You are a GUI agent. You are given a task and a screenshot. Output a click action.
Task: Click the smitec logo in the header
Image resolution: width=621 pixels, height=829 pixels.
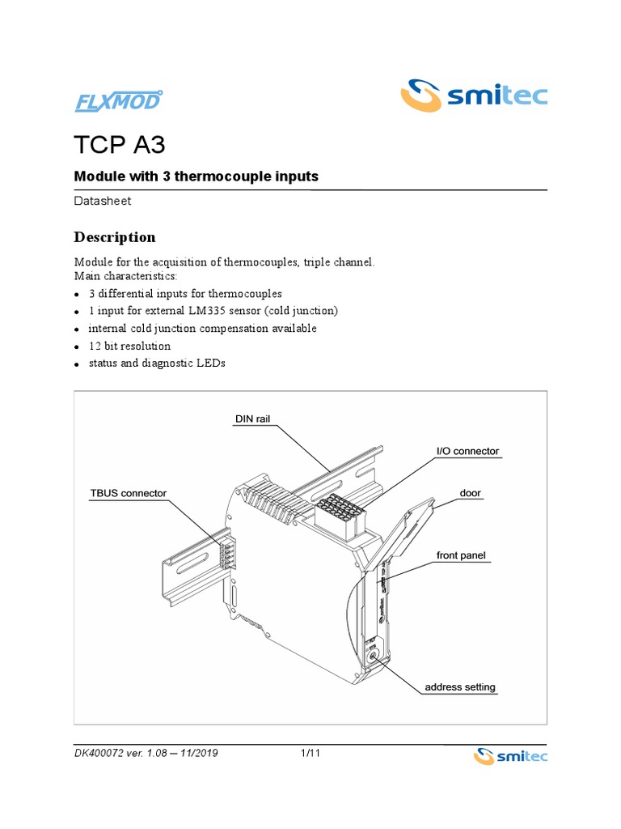[x=475, y=96]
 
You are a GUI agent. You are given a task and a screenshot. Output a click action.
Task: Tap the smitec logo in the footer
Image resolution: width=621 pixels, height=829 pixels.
[x=509, y=756]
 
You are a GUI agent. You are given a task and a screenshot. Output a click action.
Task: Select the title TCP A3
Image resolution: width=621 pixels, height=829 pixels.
[x=120, y=146]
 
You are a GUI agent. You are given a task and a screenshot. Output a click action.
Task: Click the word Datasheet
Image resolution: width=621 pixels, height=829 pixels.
[x=103, y=201]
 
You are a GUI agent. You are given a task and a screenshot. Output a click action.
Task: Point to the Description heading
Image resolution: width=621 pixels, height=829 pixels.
[x=115, y=237]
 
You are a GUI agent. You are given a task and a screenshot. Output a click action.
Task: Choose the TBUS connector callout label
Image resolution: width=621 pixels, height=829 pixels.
[x=128, y=493]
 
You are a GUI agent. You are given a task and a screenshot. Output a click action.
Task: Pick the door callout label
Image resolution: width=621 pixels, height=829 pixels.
[x=471, y=492]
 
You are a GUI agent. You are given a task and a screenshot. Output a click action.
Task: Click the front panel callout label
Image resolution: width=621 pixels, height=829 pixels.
[x=461, y=555]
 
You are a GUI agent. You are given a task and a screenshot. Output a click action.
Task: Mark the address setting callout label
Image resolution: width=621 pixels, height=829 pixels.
[x=460, y=687]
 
